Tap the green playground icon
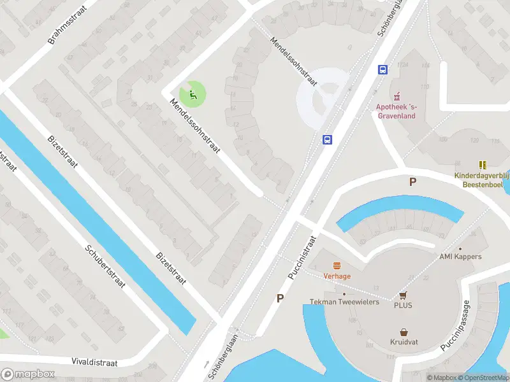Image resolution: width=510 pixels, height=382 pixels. pos(193,95)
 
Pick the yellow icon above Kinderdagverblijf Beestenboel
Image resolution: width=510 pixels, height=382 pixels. pos(482,164)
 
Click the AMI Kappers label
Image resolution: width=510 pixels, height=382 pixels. pos(460,257)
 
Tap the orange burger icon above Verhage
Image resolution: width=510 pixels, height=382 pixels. pos(337,265)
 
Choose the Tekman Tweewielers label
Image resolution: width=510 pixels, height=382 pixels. pos(344,302)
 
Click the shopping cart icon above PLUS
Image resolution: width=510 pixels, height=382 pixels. pos(403,295)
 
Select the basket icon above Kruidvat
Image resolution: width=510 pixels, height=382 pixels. pos(404,332)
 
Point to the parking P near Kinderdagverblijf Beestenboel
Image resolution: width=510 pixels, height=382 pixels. pos(412,182)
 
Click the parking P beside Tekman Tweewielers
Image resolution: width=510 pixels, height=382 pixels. pos(279,298)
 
